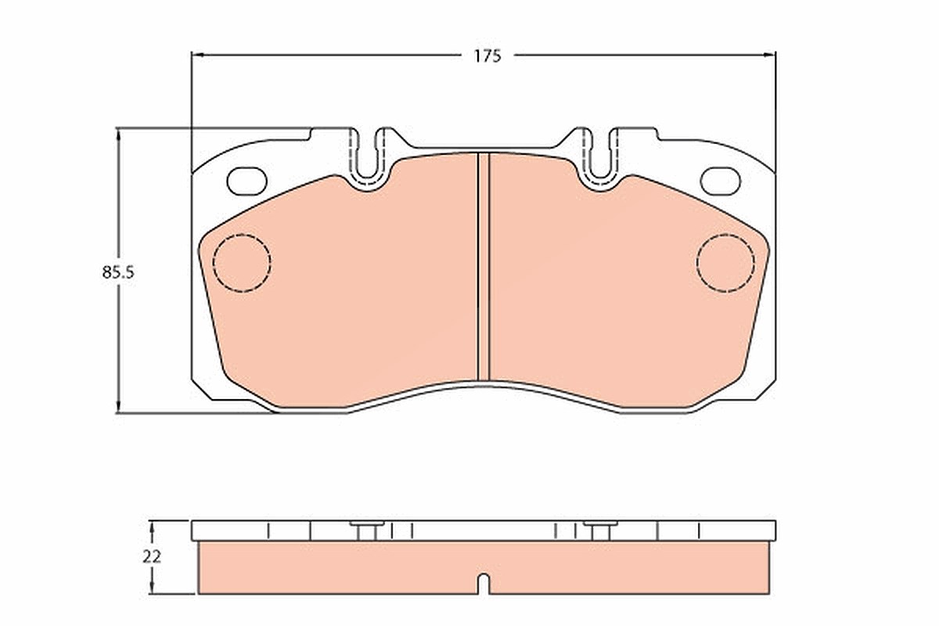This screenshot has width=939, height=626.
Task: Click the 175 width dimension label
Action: (x=487, y=56)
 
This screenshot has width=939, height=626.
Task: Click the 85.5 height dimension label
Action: (x=118, y=272)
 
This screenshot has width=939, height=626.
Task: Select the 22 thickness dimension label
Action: (x=152, y=557)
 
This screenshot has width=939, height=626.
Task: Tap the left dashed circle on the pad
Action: (x=242, y=263)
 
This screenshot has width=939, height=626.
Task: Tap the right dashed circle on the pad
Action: (x=725, y=263)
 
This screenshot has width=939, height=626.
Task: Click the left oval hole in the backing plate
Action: (x=247, y=181)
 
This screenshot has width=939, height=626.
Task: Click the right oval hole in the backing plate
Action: (x=721, y=181)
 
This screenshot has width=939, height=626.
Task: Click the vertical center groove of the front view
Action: (x=484, y=267)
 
